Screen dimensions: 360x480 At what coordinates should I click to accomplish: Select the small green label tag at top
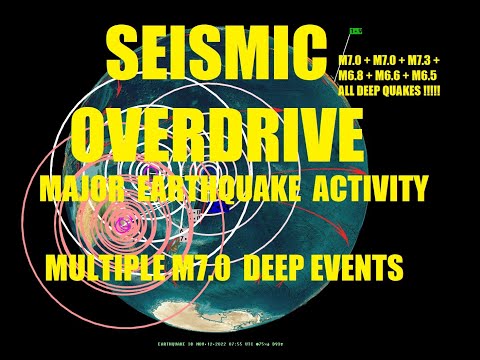356,34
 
